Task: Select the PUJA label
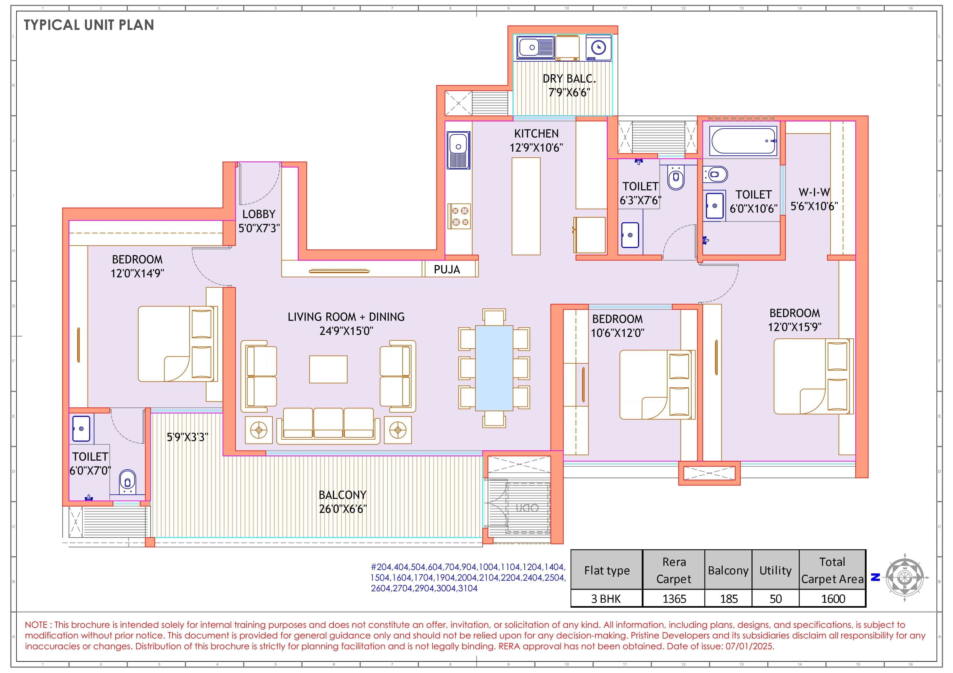447,270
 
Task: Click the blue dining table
494,368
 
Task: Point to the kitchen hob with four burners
459,216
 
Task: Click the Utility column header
775,571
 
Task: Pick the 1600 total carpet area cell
833,599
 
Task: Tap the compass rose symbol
905,577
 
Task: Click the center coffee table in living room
328,369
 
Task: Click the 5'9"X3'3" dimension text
187,437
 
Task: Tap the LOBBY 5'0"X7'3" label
259,221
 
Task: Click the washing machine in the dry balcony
598,48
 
